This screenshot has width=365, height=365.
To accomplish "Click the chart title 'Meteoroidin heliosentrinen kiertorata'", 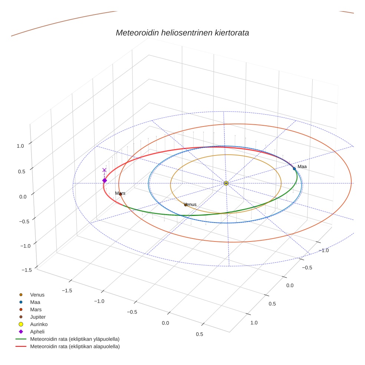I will coord(182,33).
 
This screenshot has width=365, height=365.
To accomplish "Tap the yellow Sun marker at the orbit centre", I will coord(226,183).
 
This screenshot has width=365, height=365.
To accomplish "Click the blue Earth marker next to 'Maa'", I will coord(294,169).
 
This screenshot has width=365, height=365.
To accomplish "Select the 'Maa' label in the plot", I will coord(302,167).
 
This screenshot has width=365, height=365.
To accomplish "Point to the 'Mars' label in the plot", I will coord(120,193).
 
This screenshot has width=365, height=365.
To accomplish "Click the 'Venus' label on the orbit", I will coord(190,204).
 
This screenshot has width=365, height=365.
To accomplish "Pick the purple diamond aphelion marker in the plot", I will coord(105,180).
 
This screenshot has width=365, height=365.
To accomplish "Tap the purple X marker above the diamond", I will coord(104,170).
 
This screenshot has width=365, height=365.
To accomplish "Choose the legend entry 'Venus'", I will coord(37,295).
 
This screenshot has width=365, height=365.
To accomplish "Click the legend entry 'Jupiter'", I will coord(38,317).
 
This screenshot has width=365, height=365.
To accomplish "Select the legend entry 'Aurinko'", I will coord(39,325).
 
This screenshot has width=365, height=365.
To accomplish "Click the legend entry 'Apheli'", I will coord(37,332).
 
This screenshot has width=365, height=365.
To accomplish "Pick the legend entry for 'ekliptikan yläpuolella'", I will coord(75,339).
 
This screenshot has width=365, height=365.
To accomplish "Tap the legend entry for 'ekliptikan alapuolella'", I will coord(75,346).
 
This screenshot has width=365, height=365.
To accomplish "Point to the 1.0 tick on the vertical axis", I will coord(20,146).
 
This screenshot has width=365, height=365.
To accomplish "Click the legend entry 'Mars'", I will coord(36,310).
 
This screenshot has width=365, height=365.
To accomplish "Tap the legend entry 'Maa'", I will coord(35,302).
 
